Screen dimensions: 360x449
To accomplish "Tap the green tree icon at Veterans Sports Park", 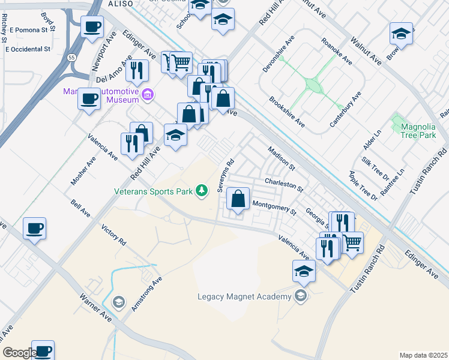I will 202,191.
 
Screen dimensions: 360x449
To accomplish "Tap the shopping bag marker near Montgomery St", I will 238,199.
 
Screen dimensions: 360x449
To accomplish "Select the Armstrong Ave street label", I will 147,293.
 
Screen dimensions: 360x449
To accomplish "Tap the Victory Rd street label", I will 114,236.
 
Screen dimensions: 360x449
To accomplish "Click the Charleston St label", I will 283,183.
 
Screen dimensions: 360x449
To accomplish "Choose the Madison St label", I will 282,158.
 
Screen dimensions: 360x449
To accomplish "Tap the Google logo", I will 19,353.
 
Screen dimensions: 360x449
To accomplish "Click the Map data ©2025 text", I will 423,355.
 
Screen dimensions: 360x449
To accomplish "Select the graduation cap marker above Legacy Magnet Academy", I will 304,271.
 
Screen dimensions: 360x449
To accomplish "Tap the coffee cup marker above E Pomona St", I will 92,27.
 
